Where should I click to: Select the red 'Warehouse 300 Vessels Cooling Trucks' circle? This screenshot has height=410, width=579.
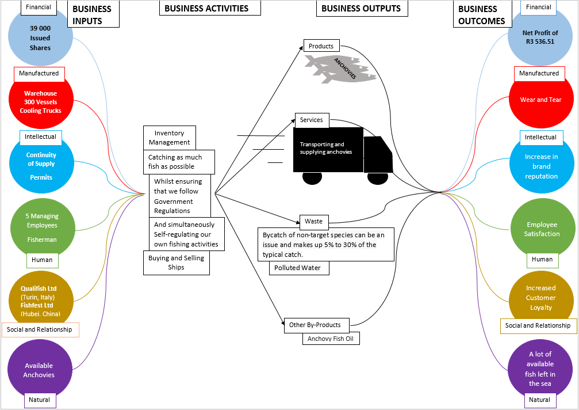(40, 102)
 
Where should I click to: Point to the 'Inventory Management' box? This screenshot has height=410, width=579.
(169, 138)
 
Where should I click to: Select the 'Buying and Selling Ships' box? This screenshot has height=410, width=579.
(176, 263)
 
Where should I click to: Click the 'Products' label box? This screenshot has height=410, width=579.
(321, 46)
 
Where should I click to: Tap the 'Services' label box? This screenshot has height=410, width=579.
(312, 120)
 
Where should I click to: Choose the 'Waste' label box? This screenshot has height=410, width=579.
(313, 221)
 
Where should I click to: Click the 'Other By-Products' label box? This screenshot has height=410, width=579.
(315, 325)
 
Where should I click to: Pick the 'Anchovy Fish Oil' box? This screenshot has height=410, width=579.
(331, 339)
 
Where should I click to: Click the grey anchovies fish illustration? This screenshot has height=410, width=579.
(339, 69)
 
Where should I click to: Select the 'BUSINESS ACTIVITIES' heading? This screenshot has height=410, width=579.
(206, 8)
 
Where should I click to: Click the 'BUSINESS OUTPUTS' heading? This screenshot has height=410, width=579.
(361, 8)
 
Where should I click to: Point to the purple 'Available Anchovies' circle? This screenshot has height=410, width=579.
(39, 370)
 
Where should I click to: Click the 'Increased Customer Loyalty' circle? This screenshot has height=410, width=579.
(540, 298)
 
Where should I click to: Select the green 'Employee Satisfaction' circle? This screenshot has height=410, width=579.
(541, 229)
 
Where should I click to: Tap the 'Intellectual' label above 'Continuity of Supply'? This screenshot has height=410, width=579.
(40, 137)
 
